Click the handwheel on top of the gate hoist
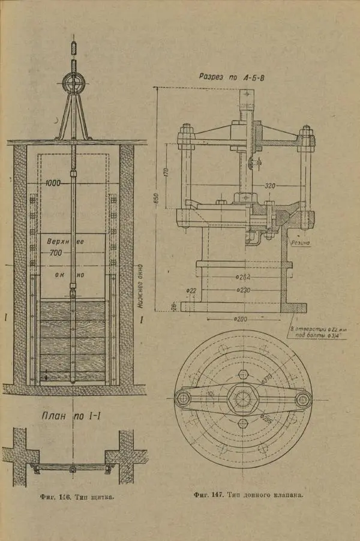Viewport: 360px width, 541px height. coord(73,83)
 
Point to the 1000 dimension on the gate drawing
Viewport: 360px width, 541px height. coord(52,183)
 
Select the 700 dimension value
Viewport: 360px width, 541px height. coord(56,254)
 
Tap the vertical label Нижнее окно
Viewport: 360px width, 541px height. coord(140,285)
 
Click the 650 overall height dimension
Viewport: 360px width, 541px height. coord(155,198)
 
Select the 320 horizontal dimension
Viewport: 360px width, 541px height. coord(269,186)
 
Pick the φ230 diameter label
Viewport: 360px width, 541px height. coord(243,290)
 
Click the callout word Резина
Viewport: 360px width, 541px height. coord(300,244)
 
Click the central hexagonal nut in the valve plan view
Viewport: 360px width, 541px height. coord(243,399)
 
